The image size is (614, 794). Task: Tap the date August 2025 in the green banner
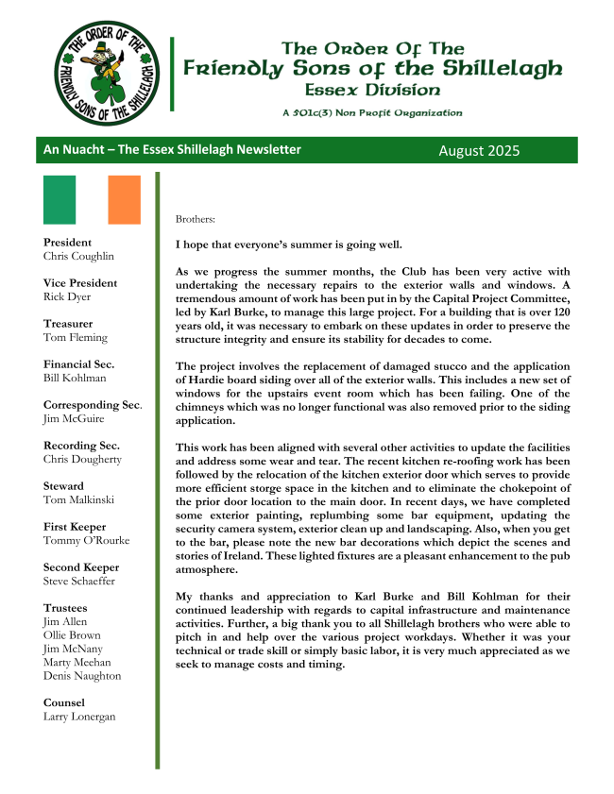click(479, 150)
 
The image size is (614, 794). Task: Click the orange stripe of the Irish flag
click(124, 199)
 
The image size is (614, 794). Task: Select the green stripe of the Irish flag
click(60, 199)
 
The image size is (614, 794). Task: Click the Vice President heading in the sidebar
click(80, 283)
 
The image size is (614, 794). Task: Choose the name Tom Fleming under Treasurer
click(76, 337)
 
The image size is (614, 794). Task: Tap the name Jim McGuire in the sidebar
click(75, 418)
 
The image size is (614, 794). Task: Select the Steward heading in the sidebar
click(63, 486)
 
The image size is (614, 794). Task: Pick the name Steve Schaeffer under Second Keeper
click(79, 581)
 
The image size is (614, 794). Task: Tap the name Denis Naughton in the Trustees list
click(82, 675)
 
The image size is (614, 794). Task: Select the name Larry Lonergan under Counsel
click(79, 716)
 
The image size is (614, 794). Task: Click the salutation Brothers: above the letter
click(196, 219)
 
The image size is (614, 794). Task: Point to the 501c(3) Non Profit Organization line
click(371, 112)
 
